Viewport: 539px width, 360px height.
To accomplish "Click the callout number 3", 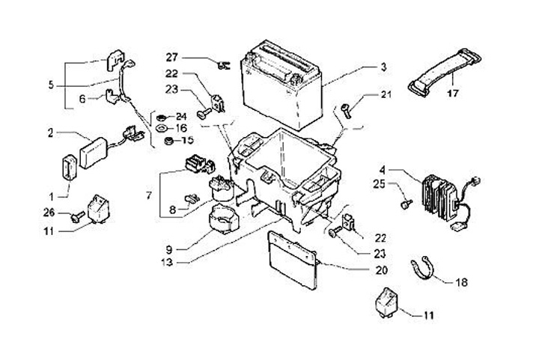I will pyautogui.click(x=383, y=67).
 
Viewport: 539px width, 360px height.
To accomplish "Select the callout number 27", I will pyautogui.click(x=172, y=57).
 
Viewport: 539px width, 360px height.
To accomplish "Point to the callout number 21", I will pyautogui.click(x=386, y=95).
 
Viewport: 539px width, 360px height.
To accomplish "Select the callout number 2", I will pyautogui.click(x=51, y=132).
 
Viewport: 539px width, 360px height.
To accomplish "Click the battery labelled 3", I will pyautogui.click(x=281, y=86).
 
